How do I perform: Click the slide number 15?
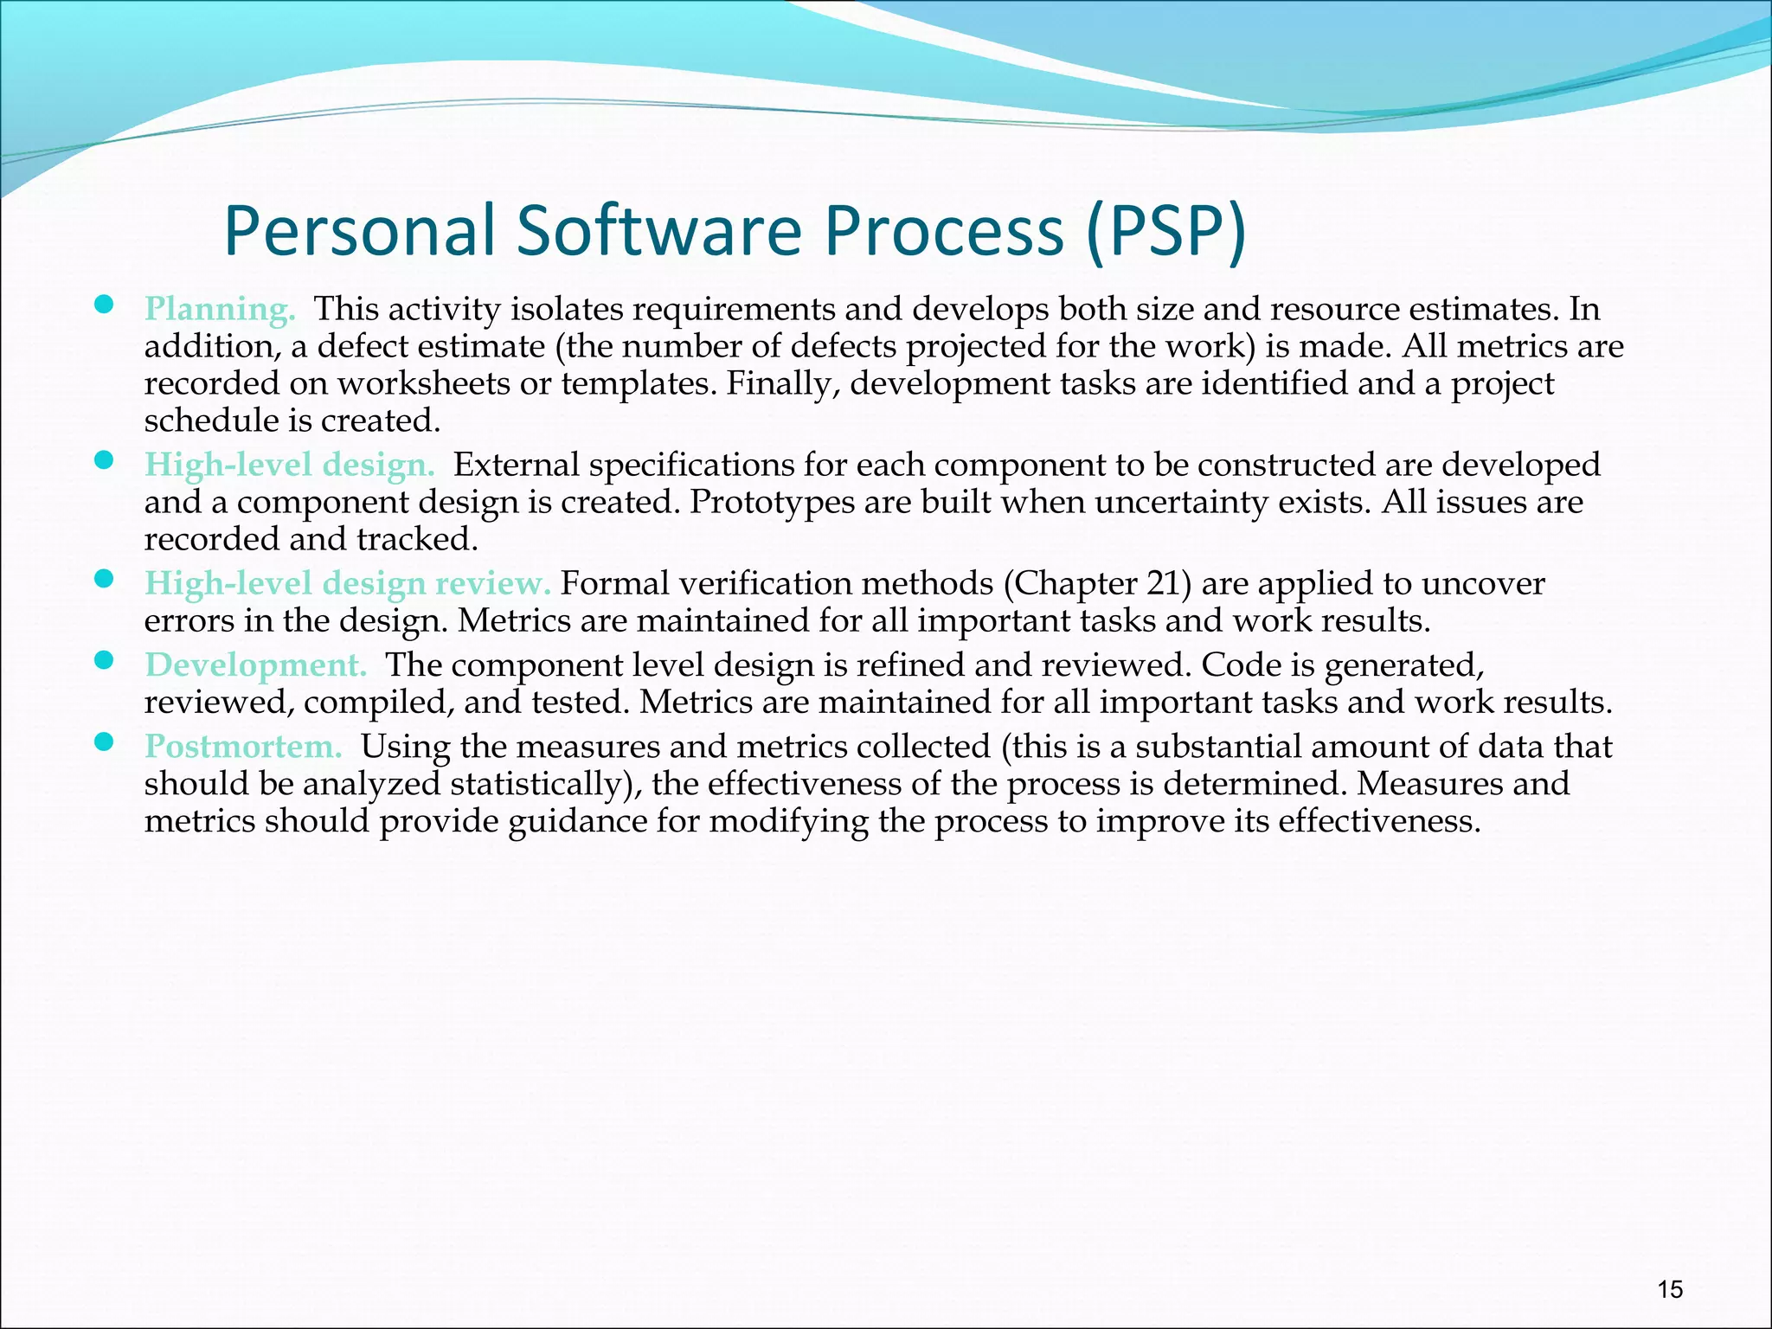point(1670,1290)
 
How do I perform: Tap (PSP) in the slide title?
point(1165,232)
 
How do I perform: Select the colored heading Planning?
point(220,310)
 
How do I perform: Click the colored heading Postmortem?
point(243,747)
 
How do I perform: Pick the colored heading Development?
point(255,665)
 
